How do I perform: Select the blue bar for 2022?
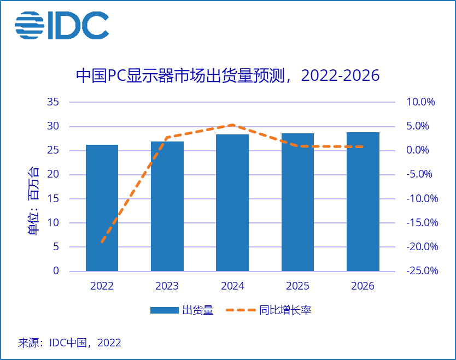tap(102, 208)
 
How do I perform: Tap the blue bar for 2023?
tap(167, 206)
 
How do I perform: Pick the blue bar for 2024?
tap(232, 202)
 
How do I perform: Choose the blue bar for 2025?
tap(297, 202)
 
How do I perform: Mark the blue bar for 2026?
tap(363, 201)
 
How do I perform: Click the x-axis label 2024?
tap(232, 286)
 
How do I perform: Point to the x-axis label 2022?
tap(102, 286)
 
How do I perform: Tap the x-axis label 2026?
tap(363, 286)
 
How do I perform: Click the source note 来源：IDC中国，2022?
tap(69, 343)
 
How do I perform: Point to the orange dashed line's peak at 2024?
tap(232, 125)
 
